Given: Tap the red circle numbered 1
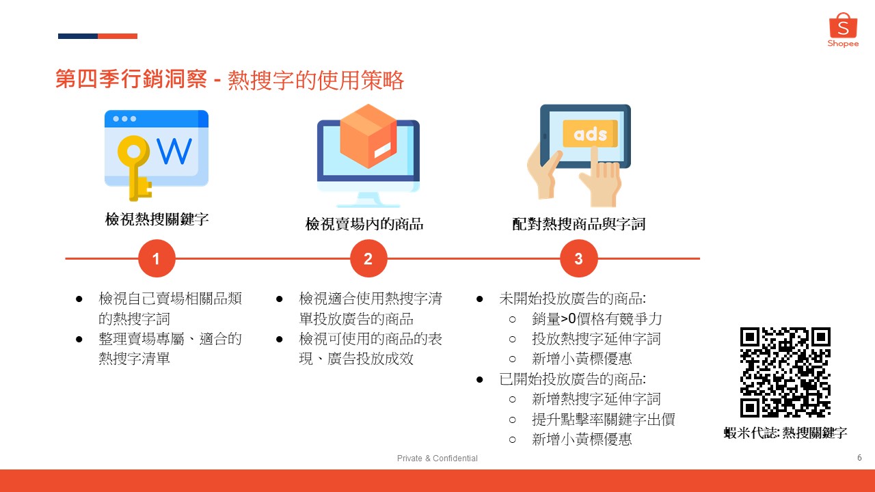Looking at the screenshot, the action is point(157,258).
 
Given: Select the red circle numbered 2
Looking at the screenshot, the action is point(368,258).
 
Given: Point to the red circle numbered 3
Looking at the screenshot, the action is point(578,258).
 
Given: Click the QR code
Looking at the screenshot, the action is point(785,372).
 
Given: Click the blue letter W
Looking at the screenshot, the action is point(174,151).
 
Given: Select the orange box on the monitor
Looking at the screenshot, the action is point(368,136).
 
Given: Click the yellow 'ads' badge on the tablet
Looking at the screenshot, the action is point(590,133).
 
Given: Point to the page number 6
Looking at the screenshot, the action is point(859,457).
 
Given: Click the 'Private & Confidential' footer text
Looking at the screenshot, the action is point(437,458).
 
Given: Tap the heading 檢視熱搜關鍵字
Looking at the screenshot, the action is point(157,219).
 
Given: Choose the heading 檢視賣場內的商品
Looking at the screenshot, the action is point(364,224).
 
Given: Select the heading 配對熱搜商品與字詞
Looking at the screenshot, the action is point(578,224).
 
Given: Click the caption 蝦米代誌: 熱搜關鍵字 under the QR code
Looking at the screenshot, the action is point(785,433).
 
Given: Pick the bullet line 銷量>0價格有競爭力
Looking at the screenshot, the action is point(597,319).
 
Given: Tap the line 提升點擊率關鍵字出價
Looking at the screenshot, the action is point(603,420).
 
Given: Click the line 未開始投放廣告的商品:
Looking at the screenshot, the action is point(572,299).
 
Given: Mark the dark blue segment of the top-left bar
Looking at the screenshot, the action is point(78,36).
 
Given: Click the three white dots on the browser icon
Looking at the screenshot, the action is point(124,119).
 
